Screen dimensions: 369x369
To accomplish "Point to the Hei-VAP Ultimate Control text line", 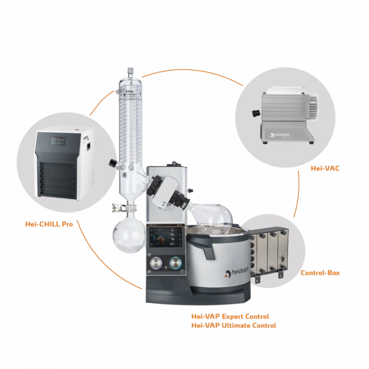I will point(234,325).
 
